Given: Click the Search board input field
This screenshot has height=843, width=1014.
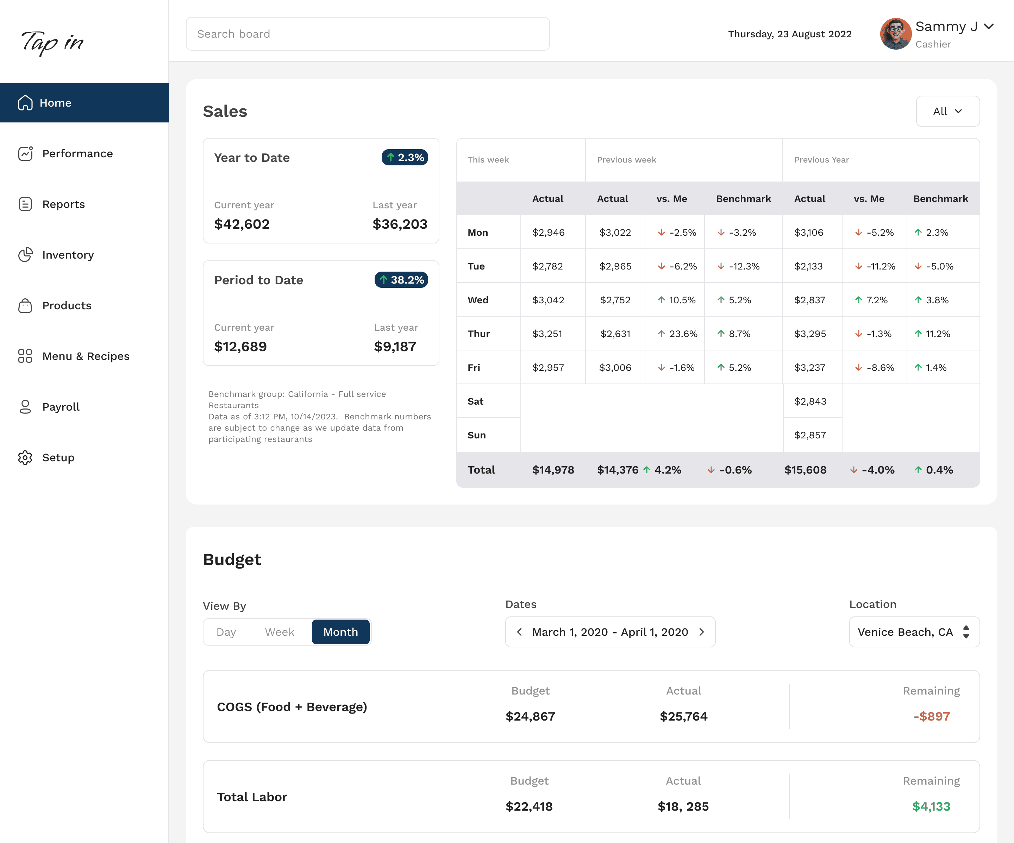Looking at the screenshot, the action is [368, 34].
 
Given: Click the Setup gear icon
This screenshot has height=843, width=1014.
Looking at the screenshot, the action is [25, 457].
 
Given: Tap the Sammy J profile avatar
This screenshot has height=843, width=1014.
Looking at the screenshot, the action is [896, 34].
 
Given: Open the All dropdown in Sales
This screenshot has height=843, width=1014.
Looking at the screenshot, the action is [947, 111].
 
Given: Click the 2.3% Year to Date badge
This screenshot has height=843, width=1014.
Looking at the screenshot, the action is [405, 157].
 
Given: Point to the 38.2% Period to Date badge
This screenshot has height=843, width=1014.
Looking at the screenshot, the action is [401, 280].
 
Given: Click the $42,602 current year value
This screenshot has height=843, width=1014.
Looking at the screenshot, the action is [242, 224].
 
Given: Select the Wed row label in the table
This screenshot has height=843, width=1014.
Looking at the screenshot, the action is [478, 300].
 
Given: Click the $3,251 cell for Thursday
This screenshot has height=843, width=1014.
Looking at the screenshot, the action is [547, 334].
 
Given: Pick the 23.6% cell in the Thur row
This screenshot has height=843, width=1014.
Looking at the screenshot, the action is [677, 334].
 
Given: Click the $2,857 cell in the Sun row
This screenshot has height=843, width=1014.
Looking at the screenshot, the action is [810, 435].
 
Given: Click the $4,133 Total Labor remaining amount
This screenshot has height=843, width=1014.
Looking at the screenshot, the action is [931, 806].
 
